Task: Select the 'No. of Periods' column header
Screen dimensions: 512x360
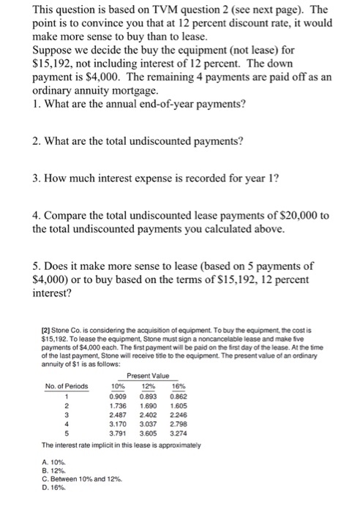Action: [66, 387]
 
